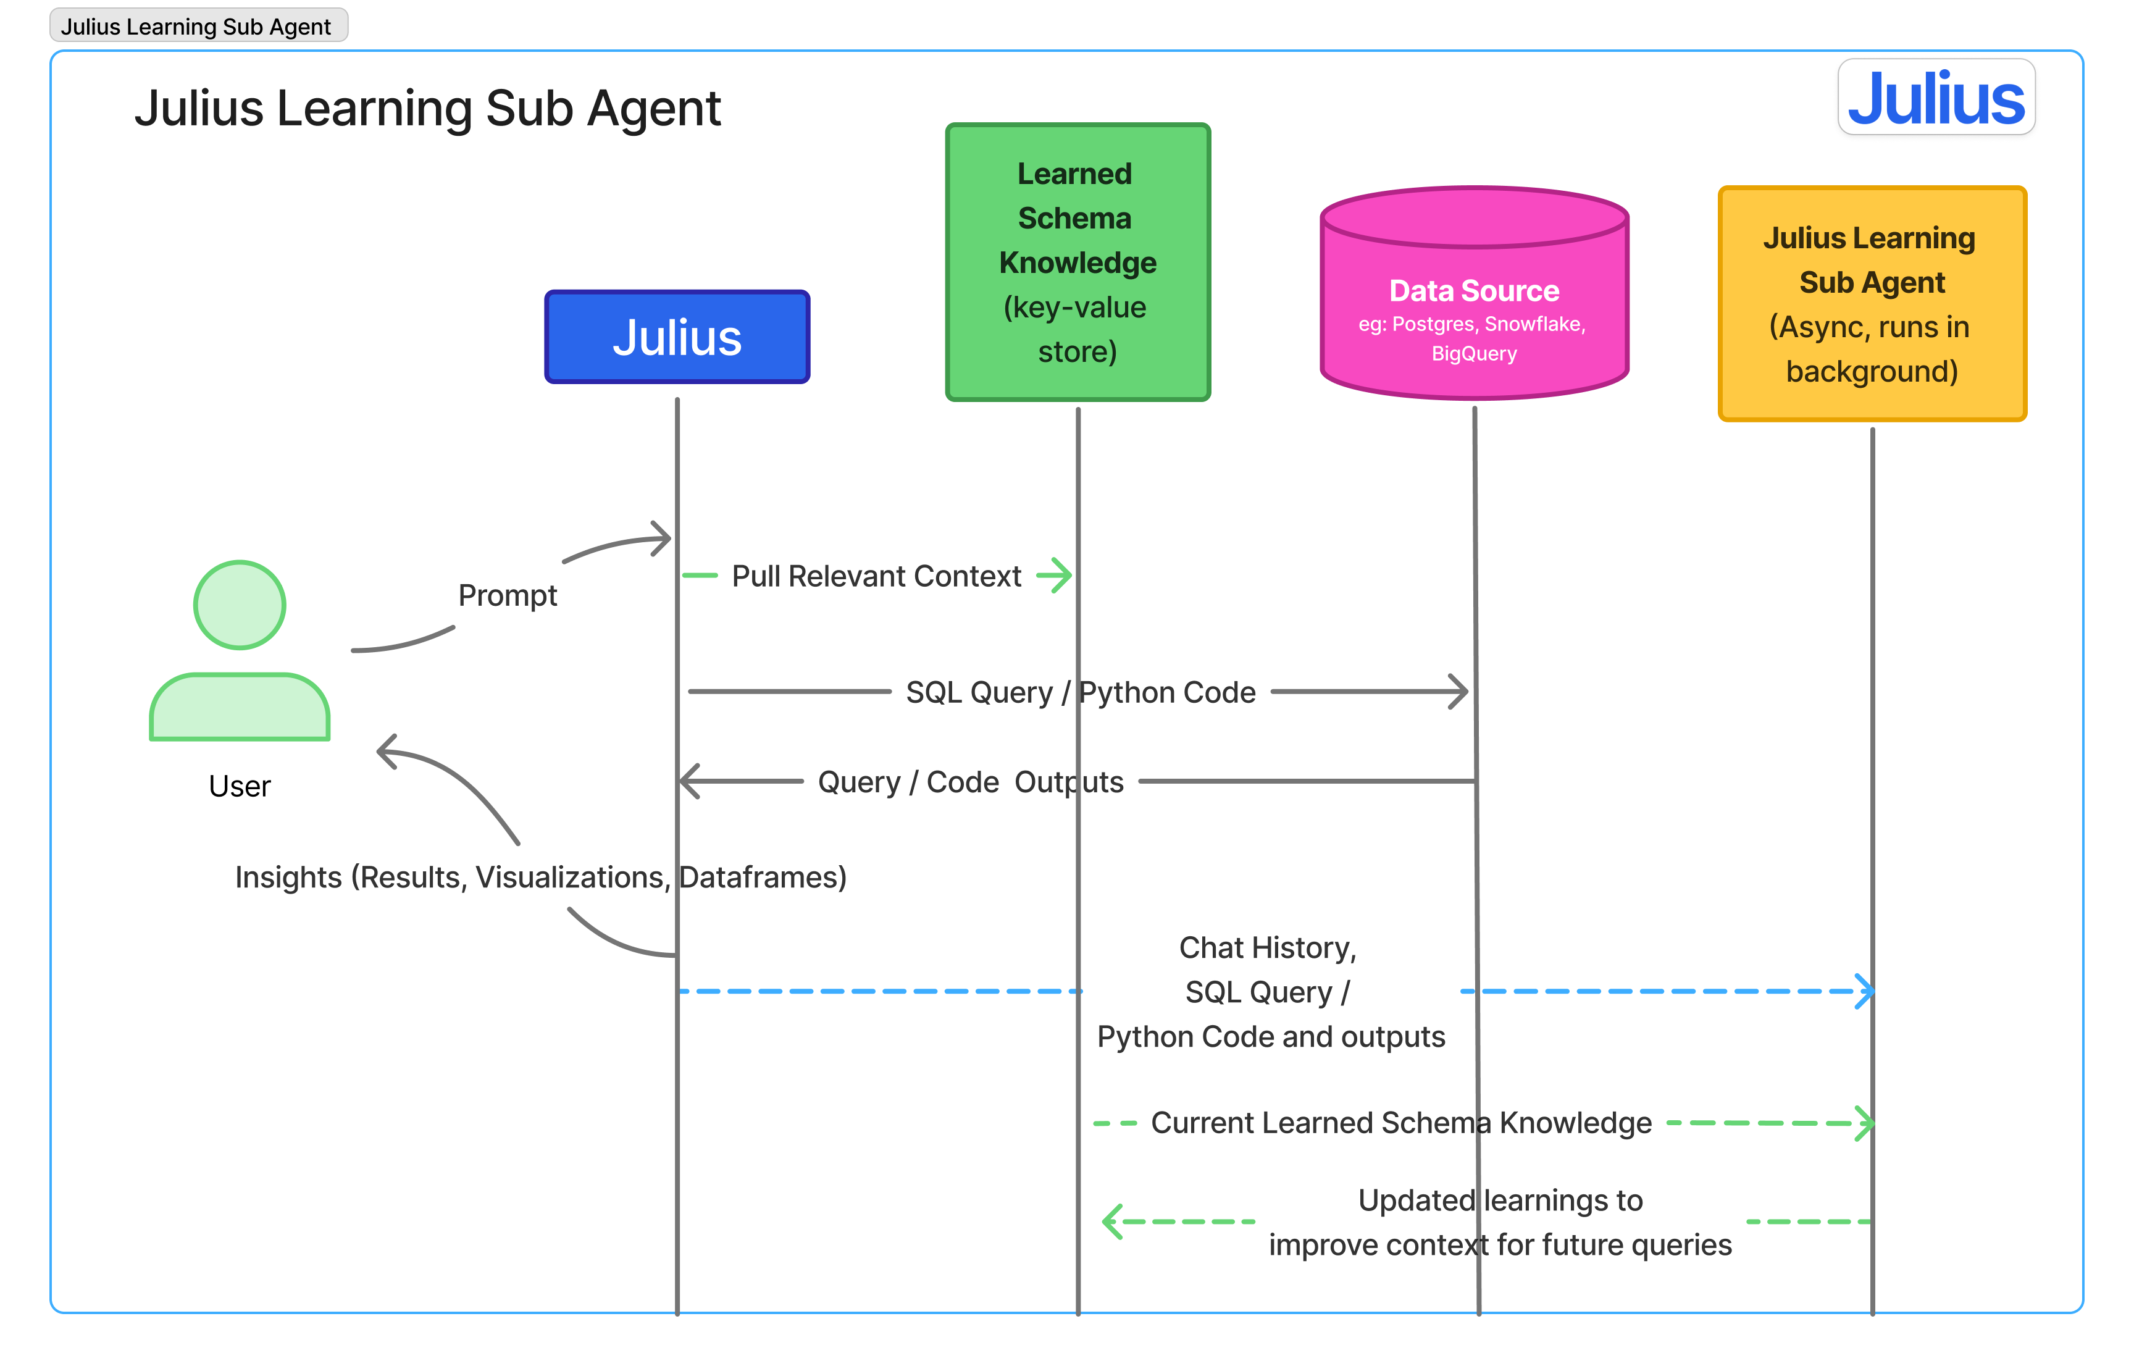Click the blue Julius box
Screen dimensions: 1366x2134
click(677, 337)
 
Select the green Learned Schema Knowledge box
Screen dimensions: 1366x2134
click(1077, 262)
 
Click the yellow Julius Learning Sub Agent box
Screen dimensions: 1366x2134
click(1872, 303)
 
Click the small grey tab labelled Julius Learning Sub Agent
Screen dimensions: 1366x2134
click(197, 26)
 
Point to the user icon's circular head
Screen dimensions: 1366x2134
click(240, 605)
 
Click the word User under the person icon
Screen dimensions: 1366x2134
click(240, 786)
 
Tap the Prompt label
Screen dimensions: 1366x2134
click(508, 595)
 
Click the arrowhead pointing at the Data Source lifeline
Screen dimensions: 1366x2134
click(1459, 692)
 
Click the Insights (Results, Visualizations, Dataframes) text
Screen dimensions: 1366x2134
click(540, 878)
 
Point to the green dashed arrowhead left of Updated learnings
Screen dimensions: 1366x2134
click(1112, 1221)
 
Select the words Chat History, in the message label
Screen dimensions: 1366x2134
click(1268, 948)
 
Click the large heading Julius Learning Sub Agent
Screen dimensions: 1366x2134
click(427, 108)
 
